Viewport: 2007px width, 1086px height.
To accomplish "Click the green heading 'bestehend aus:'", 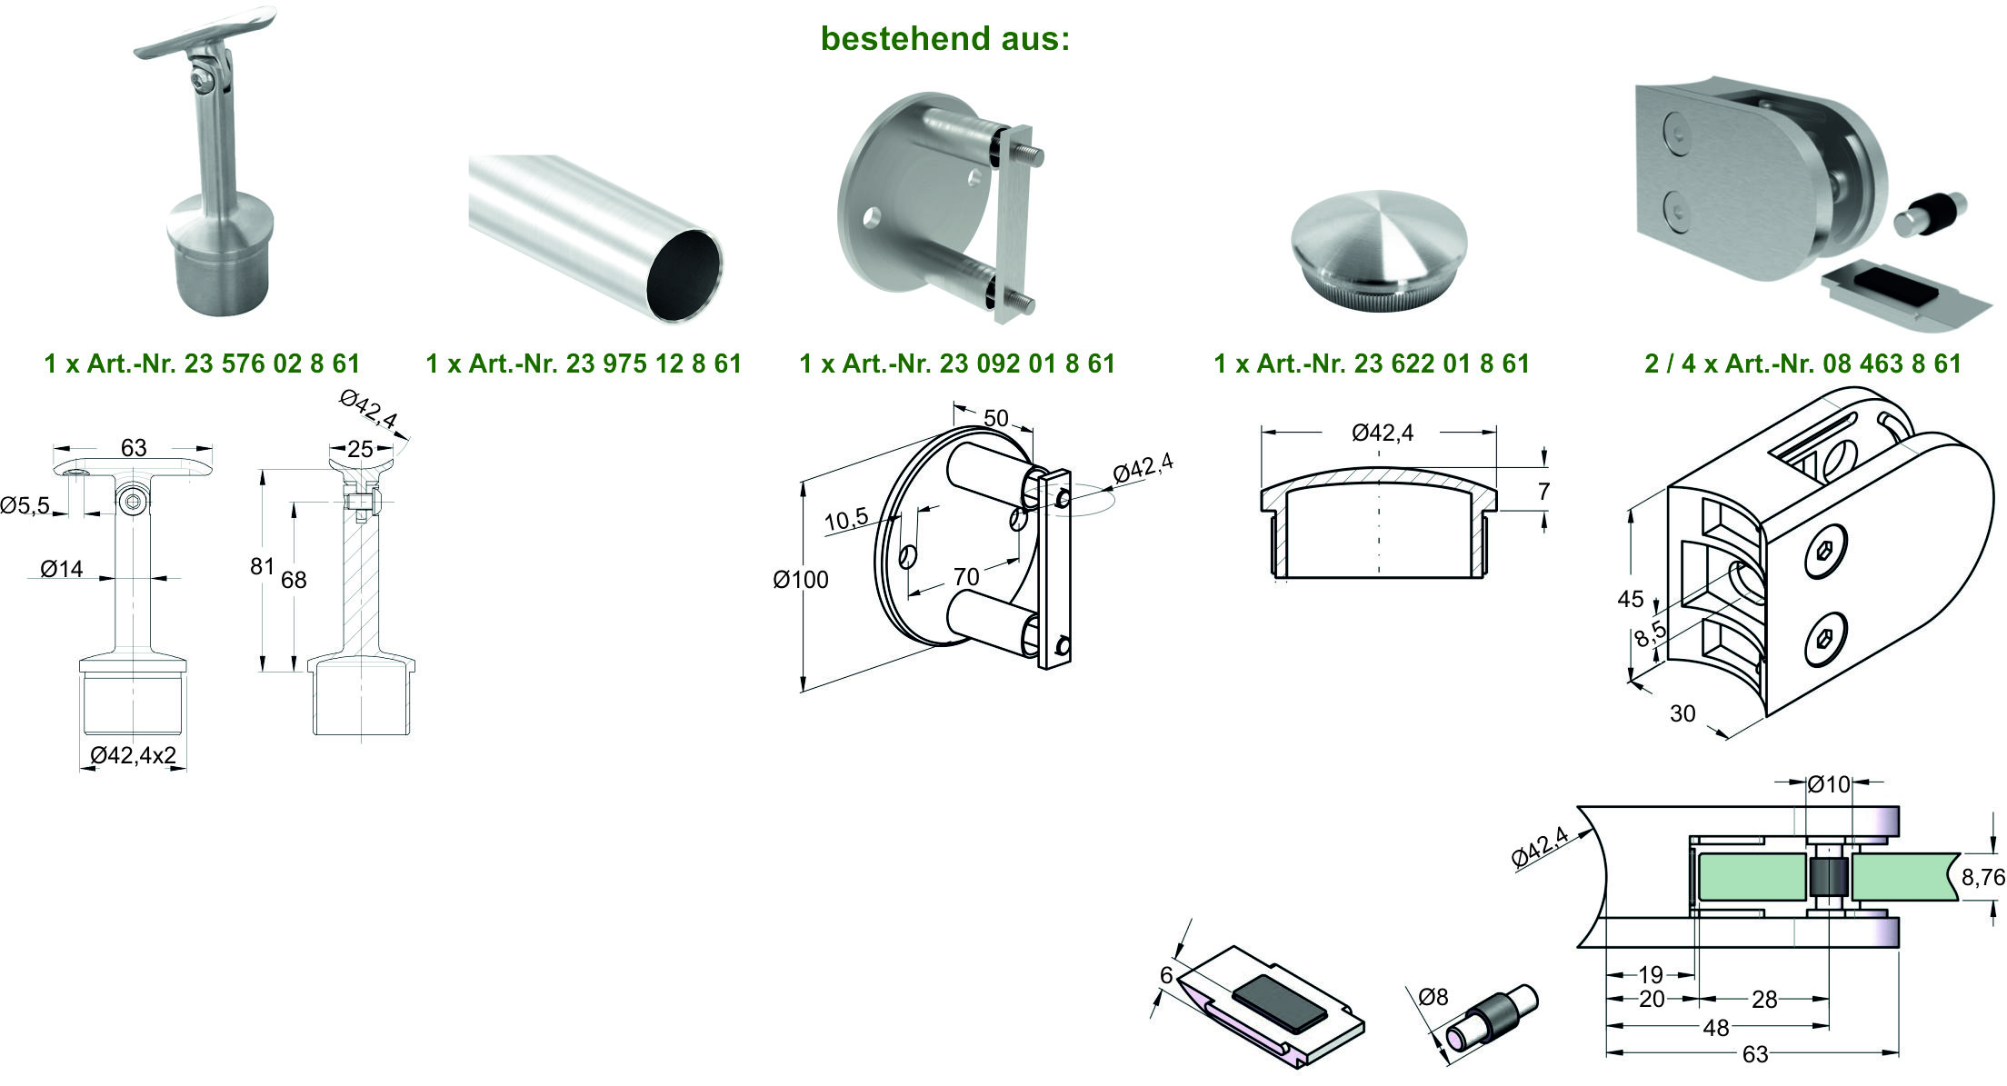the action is pyautogui.click(x=945, y=38).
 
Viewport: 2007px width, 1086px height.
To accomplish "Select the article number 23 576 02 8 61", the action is pyautogui.click(x=273, y=364).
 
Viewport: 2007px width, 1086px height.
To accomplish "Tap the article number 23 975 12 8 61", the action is pyautogui.click(x=654, y=364).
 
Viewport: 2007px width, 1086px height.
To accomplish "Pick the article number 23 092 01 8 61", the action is pyautogui.click(x=1027, y=364).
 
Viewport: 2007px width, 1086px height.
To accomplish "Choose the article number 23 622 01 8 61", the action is pyautogui.click(x=1443, y=364).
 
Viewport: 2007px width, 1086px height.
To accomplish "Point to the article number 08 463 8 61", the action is pyautogui.click(x=1892, y=364).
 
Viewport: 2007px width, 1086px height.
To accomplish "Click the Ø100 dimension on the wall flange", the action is pyautogui.click(x=801, y=579).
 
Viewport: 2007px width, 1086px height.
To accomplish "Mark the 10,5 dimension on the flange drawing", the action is pyautogui.click(x=846, y=520).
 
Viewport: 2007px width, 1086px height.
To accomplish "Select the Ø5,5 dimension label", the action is pyautogui.click(x=25, y=505).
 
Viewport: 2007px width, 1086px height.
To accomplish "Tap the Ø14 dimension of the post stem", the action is pyautogui.click(x=62, y=569).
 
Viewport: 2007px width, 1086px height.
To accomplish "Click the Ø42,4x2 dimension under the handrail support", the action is pyautogui.click(x=134, y=755).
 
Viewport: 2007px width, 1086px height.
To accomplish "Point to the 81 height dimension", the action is pyautogui.click(x=262, y=566).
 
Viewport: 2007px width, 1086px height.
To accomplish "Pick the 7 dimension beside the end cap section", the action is pyautogui.click(x=1543, y=492).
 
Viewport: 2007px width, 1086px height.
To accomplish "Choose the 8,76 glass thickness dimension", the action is pyautogui.click(x=1982, y=877).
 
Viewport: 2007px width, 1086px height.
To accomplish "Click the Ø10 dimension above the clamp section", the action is pyautogui.click(x=1828, y=783).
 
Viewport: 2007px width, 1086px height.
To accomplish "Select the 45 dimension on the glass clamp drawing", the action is pyautogui.click(x=1630, y=599).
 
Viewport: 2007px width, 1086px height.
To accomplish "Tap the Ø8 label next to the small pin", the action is pyautogui.click(x=1433, y=997).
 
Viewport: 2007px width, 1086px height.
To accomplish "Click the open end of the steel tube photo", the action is pyautogui.click(x=684, y=276).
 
